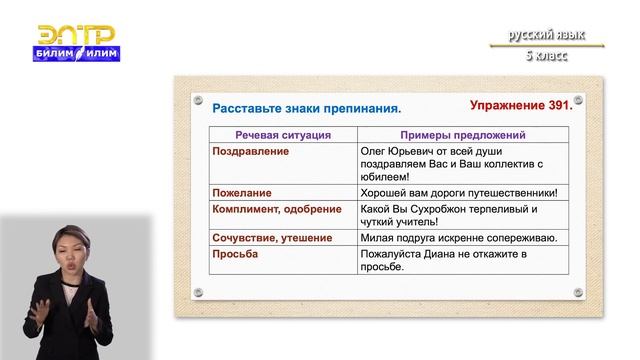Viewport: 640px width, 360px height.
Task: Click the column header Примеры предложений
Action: [x=451, y=134]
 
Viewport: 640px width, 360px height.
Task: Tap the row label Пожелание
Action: [x=243, y=191]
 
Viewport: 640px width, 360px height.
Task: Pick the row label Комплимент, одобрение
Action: [x=276, y=210]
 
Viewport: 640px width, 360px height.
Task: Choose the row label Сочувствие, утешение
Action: [x=273, y=239]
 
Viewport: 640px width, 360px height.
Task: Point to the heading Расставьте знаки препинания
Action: [x=306, y=107]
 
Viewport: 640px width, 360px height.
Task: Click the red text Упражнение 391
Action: [x=520, y=104]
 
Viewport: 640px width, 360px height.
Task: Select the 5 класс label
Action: [x=545, y=55]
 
